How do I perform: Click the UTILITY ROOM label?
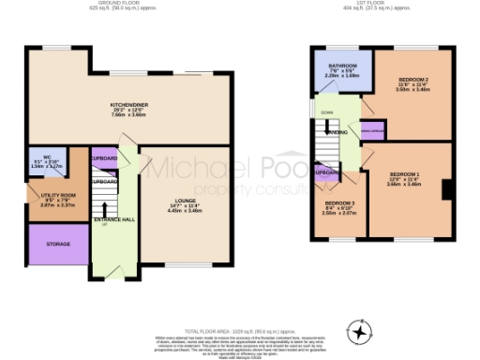coord(57,195)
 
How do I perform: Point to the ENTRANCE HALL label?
coord(113,219)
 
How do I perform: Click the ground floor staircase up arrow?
coord(105,226)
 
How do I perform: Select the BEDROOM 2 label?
coord(413,80)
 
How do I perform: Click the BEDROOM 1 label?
coord(404,174)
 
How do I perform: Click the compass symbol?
coord(358,332)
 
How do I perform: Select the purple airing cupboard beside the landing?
coord(372,132)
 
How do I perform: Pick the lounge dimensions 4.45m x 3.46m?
coord(186,211)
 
